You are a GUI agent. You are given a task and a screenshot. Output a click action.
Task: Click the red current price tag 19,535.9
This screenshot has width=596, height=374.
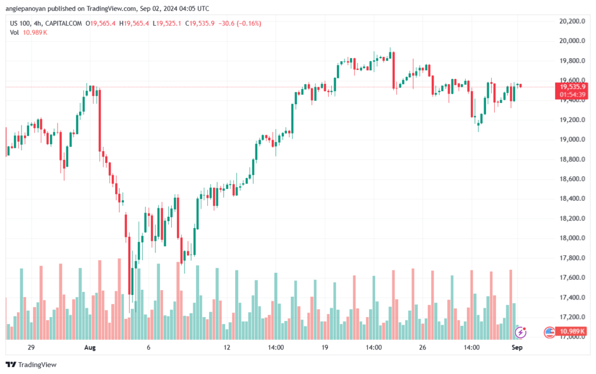click(572, 87)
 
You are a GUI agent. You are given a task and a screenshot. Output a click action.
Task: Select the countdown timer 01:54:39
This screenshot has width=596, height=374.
click(572, 94)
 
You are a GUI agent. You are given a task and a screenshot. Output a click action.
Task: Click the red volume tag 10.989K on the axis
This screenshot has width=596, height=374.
click(572, 332)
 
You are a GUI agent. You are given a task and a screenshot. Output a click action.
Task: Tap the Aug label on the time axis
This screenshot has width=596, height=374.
click(90, 347)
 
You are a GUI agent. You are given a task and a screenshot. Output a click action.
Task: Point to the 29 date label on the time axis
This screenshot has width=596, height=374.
click(31, 347)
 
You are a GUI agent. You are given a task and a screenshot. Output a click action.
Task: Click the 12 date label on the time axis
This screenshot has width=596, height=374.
click(227, 347)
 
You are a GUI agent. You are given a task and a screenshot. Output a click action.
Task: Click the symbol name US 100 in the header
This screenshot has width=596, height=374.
click(20, 23)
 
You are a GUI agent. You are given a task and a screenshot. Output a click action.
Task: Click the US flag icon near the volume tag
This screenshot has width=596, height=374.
click(549, 332)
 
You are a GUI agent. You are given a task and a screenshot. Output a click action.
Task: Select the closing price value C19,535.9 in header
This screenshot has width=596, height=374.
click(198, 23)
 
